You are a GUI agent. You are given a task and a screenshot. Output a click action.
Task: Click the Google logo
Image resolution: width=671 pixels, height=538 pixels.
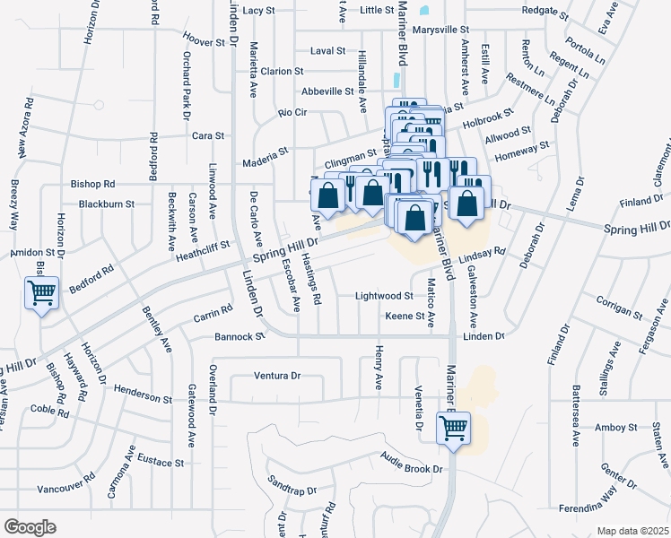[30, 527]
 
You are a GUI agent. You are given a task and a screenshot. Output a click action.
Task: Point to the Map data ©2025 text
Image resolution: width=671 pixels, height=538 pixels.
[632, 531]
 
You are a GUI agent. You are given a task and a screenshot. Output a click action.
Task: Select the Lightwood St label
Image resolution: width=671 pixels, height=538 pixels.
[383, 295]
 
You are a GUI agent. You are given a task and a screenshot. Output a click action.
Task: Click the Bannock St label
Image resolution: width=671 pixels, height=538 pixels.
[240, 337]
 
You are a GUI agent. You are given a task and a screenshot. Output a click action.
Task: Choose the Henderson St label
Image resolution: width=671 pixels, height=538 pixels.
[143, 397]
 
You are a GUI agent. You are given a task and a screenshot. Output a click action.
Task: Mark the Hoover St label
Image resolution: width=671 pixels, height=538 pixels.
[203, 42]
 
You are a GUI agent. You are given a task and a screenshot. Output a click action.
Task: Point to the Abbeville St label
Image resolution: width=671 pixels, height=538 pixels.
[327, 91]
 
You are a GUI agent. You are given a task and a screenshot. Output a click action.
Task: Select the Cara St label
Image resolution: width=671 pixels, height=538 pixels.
[207, 135]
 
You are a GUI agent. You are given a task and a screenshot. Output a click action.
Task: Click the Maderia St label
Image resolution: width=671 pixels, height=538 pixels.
[266, 163]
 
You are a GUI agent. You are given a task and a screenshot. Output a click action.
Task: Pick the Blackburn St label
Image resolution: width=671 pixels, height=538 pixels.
[106, 204]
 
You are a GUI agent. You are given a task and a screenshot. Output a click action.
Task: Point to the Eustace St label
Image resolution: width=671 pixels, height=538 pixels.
[161, 464]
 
